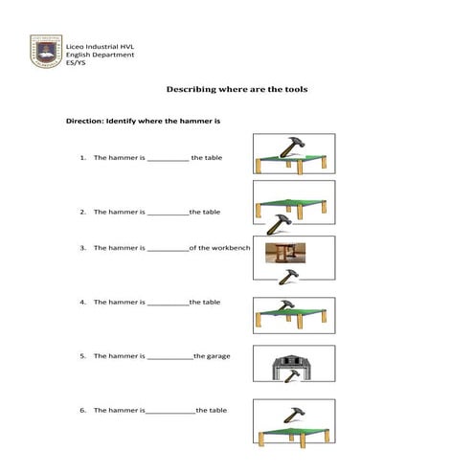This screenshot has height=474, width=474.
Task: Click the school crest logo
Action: tap(45, 52)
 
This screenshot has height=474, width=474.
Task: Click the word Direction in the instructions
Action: tap(85, 122)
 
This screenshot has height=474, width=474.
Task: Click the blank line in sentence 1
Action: tap(168, 159)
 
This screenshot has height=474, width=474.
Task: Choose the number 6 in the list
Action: tap(83, 410)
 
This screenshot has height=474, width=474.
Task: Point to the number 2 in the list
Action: tap(83, 212)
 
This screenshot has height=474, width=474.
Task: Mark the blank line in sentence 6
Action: tap(170, 411)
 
